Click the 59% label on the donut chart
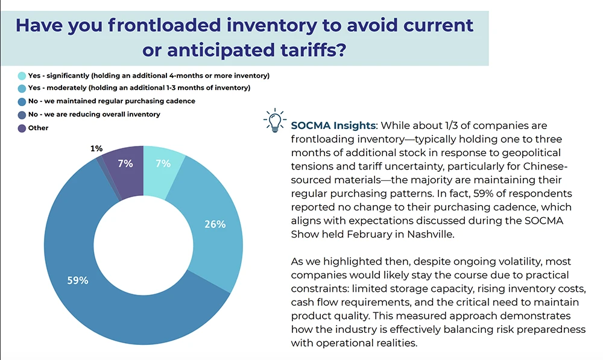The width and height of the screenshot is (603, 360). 78,280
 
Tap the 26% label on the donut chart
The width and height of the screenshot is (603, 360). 215,224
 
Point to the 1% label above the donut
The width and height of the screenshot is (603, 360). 96,148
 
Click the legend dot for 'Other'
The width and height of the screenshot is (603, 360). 22,128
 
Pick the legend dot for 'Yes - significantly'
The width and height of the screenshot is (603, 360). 22,76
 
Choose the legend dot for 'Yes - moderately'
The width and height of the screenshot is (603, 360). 22,89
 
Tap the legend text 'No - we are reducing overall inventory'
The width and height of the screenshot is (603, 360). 103,114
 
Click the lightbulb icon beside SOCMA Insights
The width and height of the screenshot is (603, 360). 274,120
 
